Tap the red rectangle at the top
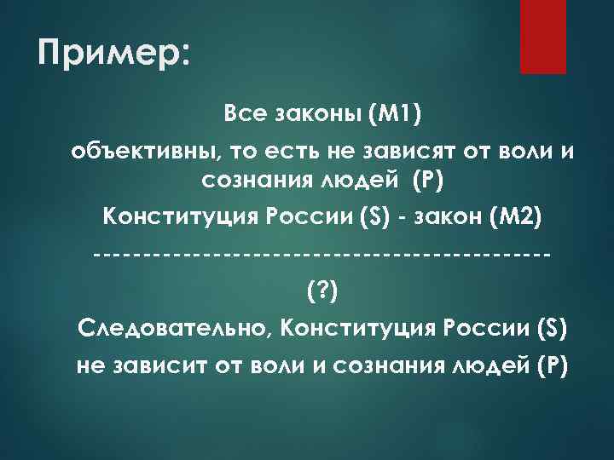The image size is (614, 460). point(542,37)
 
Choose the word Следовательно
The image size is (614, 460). point(173,327)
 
